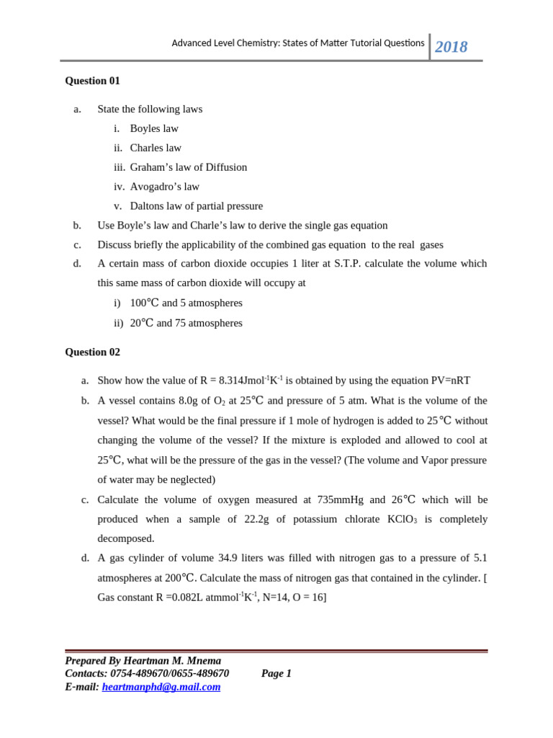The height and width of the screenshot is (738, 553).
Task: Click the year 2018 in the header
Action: click(x=451, y=47)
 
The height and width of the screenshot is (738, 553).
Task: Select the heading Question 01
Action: click(x=92, y=81)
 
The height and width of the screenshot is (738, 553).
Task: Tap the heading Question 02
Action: click(x=92, y=352)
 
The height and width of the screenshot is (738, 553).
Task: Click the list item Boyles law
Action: click(x=154, y=128)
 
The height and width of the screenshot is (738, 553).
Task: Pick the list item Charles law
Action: click(x=156, y=148)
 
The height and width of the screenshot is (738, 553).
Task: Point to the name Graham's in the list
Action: click(x=152, y=167)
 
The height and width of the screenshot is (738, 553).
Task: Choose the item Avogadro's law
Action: click(x=165, y=187)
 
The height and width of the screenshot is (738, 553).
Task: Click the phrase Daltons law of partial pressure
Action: click(x=197, y=206)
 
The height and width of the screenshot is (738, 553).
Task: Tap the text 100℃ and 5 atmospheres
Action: click(x=186, y=303)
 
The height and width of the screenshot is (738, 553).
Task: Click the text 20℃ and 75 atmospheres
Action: click(x=186, y=323)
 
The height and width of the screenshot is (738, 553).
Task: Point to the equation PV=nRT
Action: click(x=447, y=381)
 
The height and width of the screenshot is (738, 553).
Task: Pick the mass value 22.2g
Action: click(x=266, y=520)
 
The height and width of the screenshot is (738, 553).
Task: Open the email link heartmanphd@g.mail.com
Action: click(x=161, y=687)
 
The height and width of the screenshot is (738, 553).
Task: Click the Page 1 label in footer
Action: click(x=276, y=673)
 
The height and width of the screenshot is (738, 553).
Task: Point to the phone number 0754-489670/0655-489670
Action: click(x=170, y=673)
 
